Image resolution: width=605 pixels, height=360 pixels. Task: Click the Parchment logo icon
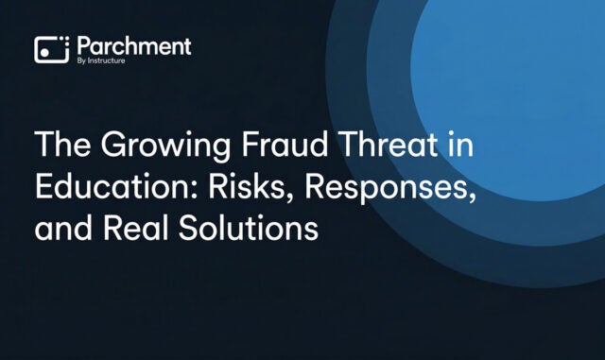coord(51,49)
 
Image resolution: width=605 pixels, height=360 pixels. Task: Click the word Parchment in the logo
coord(133,45)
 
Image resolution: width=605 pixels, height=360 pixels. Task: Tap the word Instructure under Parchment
coord(112,60)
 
